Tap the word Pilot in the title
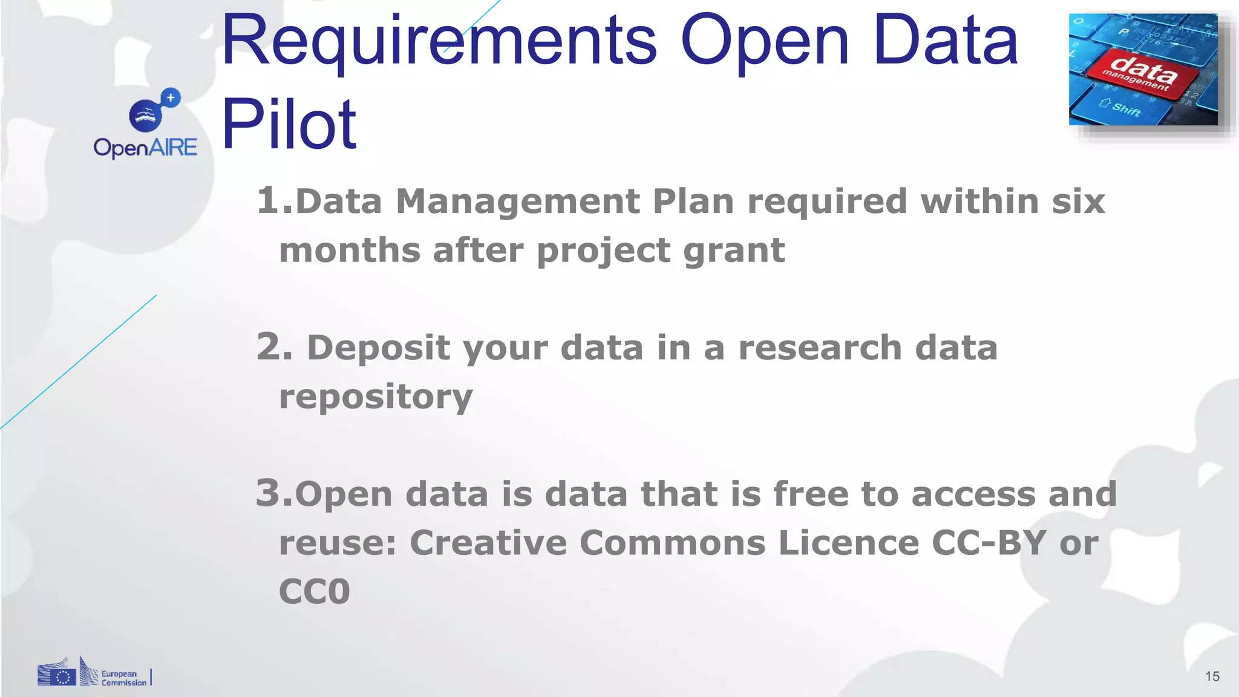tap(289, 125)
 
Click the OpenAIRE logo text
tap(145, 148)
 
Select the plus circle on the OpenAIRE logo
tap(171, 97)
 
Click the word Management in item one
tap(518, 201)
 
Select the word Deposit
tap(379, 348)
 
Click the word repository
tap(376, 398)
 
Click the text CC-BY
tap(989, 542)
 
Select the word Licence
tap(849, 542)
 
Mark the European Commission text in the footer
tap(123, 678)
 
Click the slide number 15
tap(1212, 676)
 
